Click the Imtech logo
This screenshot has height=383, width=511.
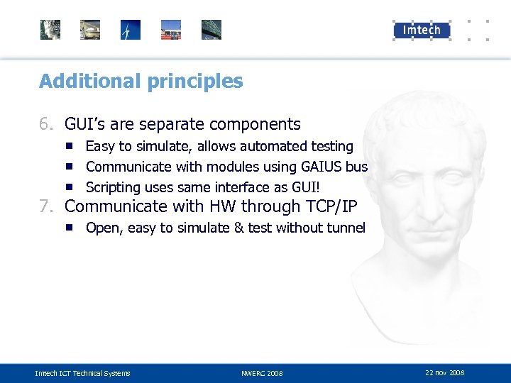(422, 30)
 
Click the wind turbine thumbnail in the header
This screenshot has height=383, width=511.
(131, 30)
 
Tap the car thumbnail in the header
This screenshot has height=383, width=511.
(90, 30)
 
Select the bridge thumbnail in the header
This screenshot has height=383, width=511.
(211, 30)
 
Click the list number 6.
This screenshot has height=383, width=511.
(45, 125)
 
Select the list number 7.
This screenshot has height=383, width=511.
(45, 207)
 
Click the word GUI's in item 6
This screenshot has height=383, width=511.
(85, 125)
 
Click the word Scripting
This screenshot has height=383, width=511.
(113, 188)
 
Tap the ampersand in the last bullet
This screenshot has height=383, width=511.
(238, 228)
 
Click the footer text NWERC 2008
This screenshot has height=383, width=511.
(262, 373)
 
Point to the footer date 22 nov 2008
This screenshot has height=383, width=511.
(444, 372)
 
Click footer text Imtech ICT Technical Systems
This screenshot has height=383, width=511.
(83, 373)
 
